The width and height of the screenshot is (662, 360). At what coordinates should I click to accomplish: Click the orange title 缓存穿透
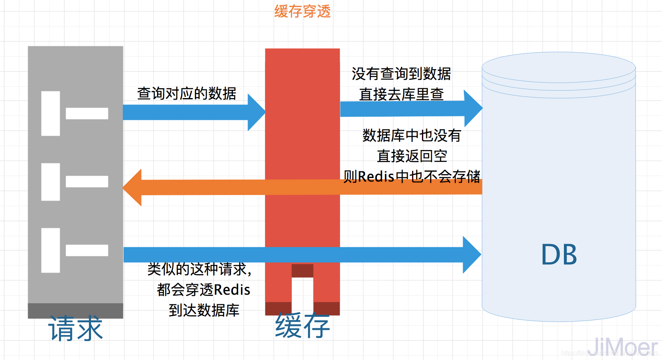(303, 11)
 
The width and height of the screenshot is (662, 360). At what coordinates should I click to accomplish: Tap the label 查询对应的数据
(187, 93)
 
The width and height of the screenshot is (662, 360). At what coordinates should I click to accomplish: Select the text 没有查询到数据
(401, 74)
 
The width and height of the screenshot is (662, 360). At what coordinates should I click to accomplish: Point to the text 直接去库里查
(401, 94)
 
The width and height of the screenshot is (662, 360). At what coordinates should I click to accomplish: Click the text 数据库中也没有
(412, 135)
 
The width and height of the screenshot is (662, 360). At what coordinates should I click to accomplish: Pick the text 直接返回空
(412, 156)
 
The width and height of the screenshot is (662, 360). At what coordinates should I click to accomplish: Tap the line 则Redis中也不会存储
(412, 176)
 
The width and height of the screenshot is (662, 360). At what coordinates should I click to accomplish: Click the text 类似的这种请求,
(199, 269)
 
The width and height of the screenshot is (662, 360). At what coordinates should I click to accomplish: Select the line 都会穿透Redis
(204, 290)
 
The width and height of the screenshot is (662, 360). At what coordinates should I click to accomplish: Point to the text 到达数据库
(204, 310)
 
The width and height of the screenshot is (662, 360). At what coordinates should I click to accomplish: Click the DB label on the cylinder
(559, 254)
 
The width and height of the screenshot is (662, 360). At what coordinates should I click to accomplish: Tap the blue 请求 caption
(75, 328)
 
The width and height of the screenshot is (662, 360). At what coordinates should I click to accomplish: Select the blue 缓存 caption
(303, 326)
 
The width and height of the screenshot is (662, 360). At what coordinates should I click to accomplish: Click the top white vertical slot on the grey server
(51, 114)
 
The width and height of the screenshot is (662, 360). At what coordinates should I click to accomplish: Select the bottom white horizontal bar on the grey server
(87, 250)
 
